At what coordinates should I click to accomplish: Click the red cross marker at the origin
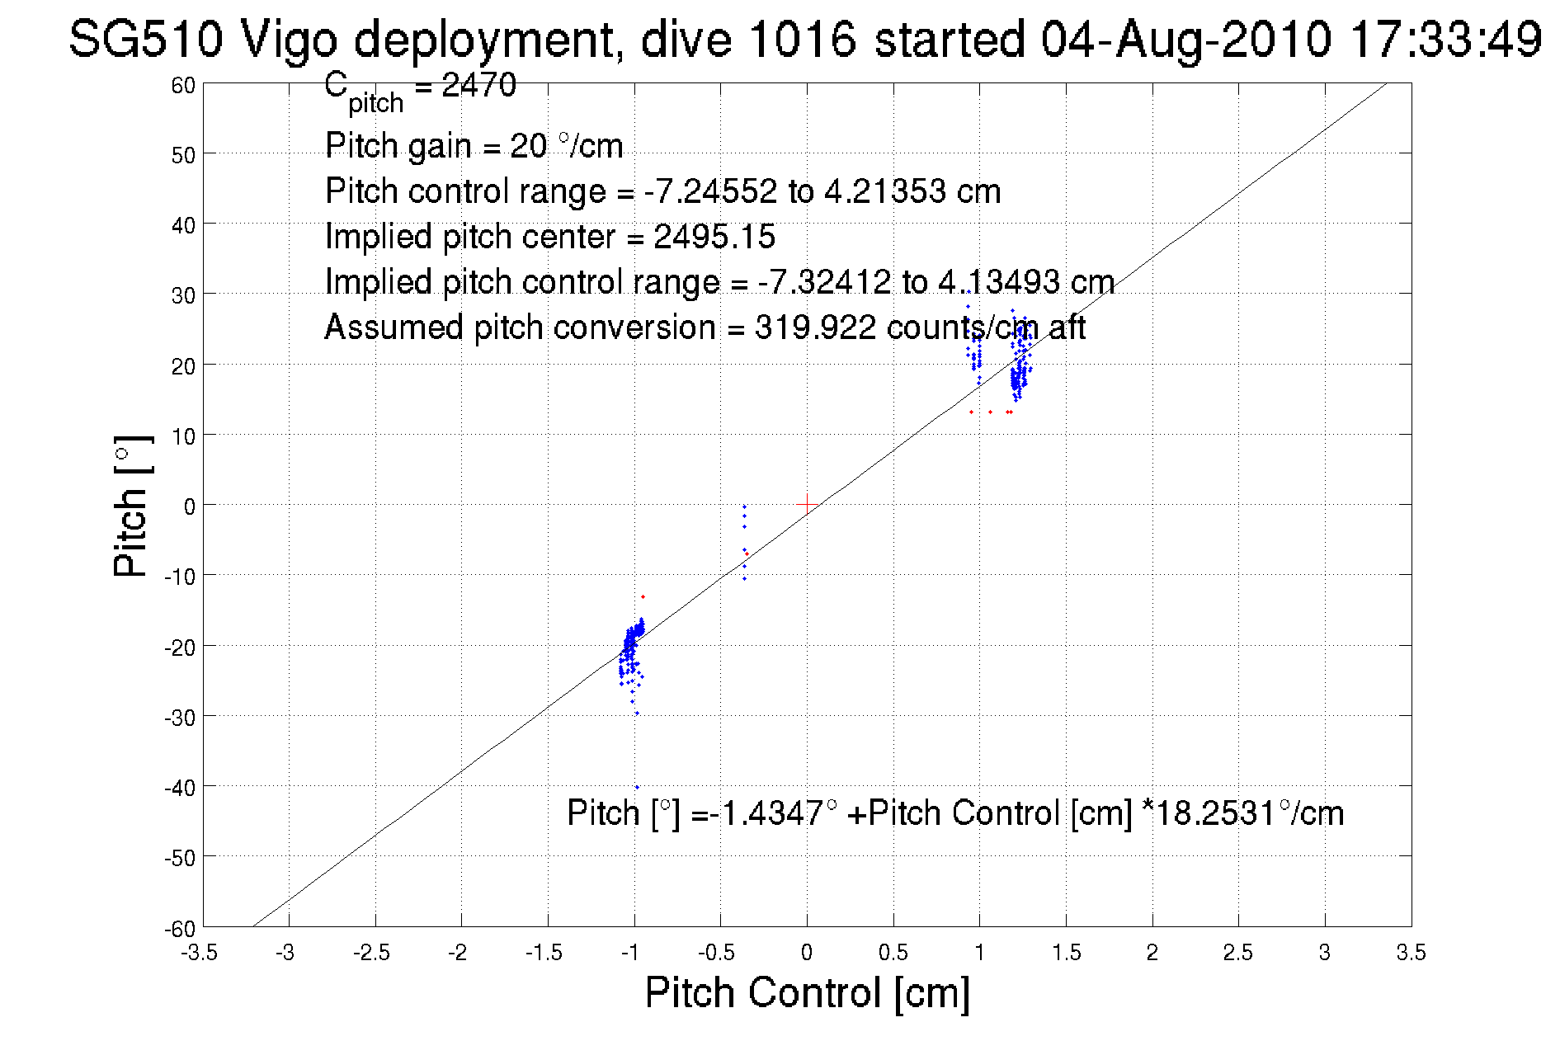pyautogui.click(x=806, y=504)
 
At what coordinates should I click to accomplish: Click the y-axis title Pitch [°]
pyautogui.click(x=132, y=506)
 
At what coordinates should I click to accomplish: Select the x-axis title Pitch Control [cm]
pyautogui.click(x=807, y=992)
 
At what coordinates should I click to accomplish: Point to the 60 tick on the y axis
pyautogui.click(x=183, y=86)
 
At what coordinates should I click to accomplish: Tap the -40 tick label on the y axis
pyautogui.click(x=180, y=788)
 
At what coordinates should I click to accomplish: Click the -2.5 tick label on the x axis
pyautogui.click(x=372, y=953)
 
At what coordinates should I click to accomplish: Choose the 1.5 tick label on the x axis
pyautogui.click(x=1066, y=953)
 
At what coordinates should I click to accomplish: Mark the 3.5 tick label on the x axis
pyautogui.click(x=1411, y=953)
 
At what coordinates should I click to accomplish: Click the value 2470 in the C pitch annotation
pyautogui.click(x=478, y=85)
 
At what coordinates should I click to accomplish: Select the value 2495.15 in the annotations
pyautogui.click(x=714, y=237)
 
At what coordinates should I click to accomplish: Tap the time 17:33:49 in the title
pyautogui.click(x=1445, y=39)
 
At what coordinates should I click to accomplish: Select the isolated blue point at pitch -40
pyautogui.click(x=637, y=787)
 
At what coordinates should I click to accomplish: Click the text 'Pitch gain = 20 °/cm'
pyautogui.click(x=474, y=146)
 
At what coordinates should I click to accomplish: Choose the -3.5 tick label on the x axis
pyautogui.click(x=200, y=953)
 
